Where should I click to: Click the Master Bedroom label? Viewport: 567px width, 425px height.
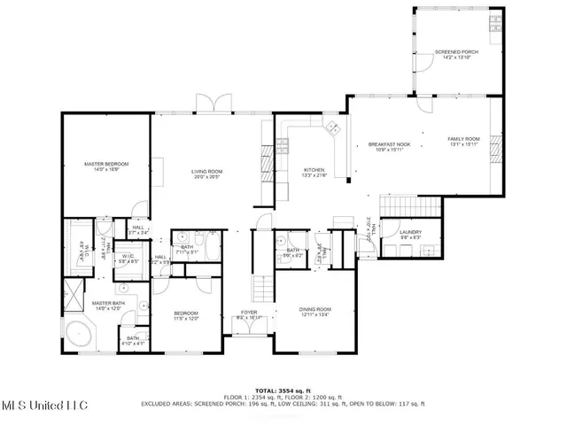pyautogui.click(x=106, y=164)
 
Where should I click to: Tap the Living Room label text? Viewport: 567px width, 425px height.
pyautogui.click(x=207, y=171)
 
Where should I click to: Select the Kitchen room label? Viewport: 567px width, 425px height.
pyautogui.click(x=315, y=169)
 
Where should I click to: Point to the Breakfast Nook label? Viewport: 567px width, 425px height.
pyautogui.click(x=389, y=144)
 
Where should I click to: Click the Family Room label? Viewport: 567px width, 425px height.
pyautogui.click(x=462, y=138)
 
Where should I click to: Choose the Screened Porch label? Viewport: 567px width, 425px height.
pyautogui.click(x=456, y=52)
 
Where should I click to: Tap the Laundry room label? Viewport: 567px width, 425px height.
pyautogui.click(x=409, y=232)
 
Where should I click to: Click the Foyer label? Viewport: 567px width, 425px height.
pyautogui.click(x=250, y=312)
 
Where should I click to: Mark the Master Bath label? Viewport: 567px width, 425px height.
pyautogui.click(x=106, y=303)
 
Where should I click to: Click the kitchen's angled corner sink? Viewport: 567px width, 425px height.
pyautogui.click(x=333, y=129)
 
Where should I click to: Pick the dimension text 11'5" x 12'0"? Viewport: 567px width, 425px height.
pyautogui.click(x=185, y=319)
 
